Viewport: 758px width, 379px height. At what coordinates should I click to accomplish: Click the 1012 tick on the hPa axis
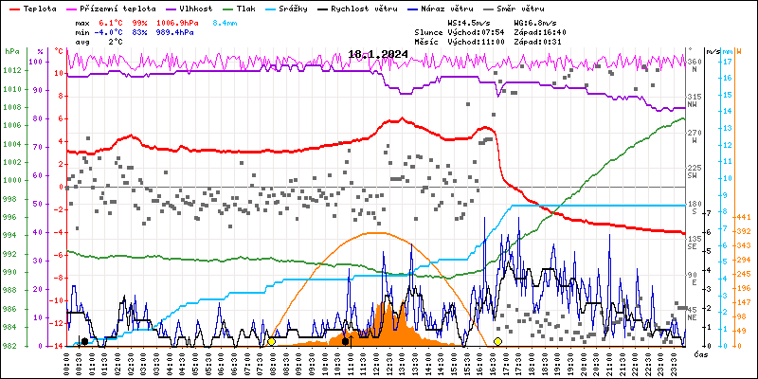click(x=12, y=70)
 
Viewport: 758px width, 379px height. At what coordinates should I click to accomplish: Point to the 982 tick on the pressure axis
click(x=12, y=346)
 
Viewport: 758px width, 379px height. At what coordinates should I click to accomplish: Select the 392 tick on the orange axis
click(x=743, y=230)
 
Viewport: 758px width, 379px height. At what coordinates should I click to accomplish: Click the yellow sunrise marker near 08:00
click(x=272, y=341)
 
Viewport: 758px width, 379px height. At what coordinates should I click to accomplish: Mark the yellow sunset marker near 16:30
click(x=497, y=341)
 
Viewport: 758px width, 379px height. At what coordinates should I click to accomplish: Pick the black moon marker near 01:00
click(x=85, y=341)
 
